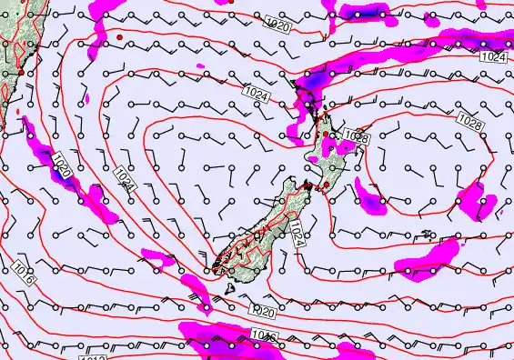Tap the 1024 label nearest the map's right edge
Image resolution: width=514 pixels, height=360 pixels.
[491, 57]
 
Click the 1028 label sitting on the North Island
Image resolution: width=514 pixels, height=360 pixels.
[357, 137]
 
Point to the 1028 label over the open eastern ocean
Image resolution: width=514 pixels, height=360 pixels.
[469, 121]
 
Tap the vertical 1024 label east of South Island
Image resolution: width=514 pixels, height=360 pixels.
[297, 233]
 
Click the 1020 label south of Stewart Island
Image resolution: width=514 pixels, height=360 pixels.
[262, 312]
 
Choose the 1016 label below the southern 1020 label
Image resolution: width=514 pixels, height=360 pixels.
[264, 337]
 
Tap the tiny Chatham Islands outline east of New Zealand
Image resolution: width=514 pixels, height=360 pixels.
[428, 235]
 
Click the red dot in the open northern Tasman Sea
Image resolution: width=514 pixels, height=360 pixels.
[119, 37]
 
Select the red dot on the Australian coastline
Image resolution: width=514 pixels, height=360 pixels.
[20, 72]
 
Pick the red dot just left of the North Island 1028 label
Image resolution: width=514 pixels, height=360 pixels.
[327, 135]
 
